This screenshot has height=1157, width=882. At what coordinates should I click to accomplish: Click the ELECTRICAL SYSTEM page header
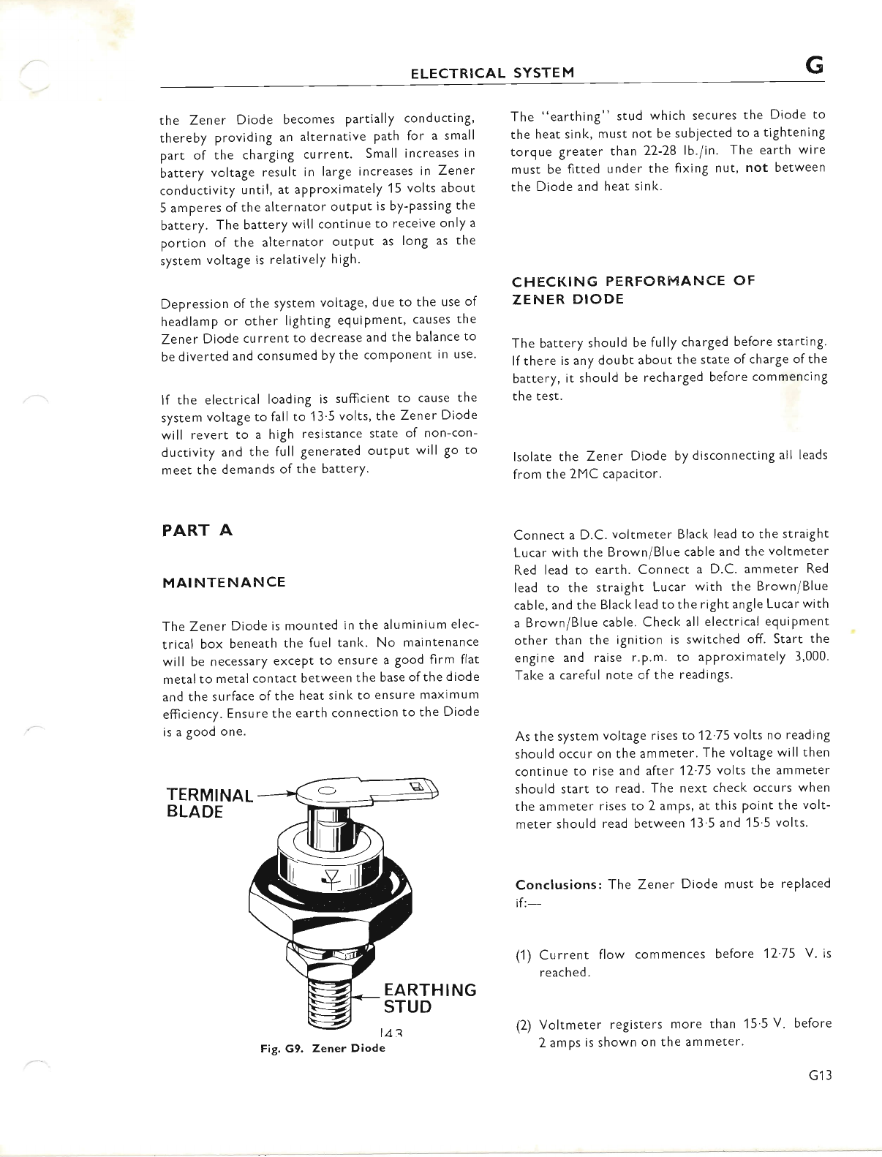tap(492, 72)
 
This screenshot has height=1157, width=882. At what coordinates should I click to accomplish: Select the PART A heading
tap(196, 530)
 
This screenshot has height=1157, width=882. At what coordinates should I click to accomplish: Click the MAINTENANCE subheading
tap(223, 582)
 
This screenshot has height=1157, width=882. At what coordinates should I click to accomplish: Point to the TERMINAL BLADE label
tap(208, 803)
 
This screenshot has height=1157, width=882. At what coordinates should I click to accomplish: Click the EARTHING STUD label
tap(429, 998)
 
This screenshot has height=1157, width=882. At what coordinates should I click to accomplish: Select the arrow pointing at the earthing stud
tap(364, 995)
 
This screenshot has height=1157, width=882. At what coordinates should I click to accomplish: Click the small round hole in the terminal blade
tap(327, 789)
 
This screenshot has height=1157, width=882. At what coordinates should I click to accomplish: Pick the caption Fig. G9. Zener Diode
tap(323, 1048)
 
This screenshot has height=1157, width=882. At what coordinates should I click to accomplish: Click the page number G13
tap(819, 1075)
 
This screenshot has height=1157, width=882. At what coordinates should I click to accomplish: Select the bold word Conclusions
tap(558, 884)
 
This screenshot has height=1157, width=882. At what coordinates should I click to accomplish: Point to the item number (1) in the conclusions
tap(523, 955)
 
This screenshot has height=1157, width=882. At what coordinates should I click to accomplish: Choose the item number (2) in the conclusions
tap(523, 1025)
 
